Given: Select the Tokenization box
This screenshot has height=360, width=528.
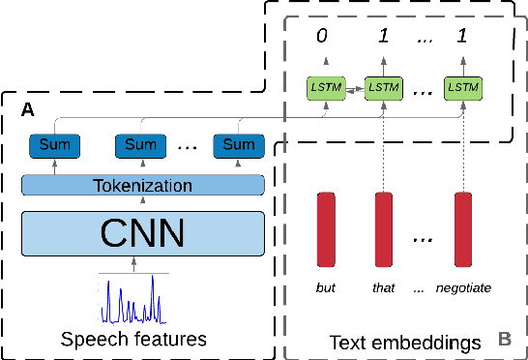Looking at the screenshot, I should [x=143, y=185].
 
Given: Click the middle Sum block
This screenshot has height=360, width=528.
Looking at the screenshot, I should [x=139, y=146].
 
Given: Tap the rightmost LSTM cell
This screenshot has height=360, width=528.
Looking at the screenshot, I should [x=462, y=87].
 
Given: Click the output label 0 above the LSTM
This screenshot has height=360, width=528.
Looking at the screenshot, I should [x=324, y=39].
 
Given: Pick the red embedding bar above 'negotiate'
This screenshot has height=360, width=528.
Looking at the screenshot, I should [x=462, y=228].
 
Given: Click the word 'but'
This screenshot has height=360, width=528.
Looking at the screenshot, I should [x=327, y=286].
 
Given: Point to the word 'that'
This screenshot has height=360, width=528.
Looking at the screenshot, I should [x=385, y=286].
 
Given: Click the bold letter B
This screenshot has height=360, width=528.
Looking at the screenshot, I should [x=503, y=339].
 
